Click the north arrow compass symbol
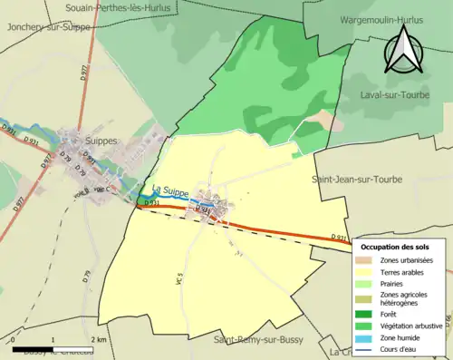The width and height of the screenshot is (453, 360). pos(401,49)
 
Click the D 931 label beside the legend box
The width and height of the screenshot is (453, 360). pos(340,238)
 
